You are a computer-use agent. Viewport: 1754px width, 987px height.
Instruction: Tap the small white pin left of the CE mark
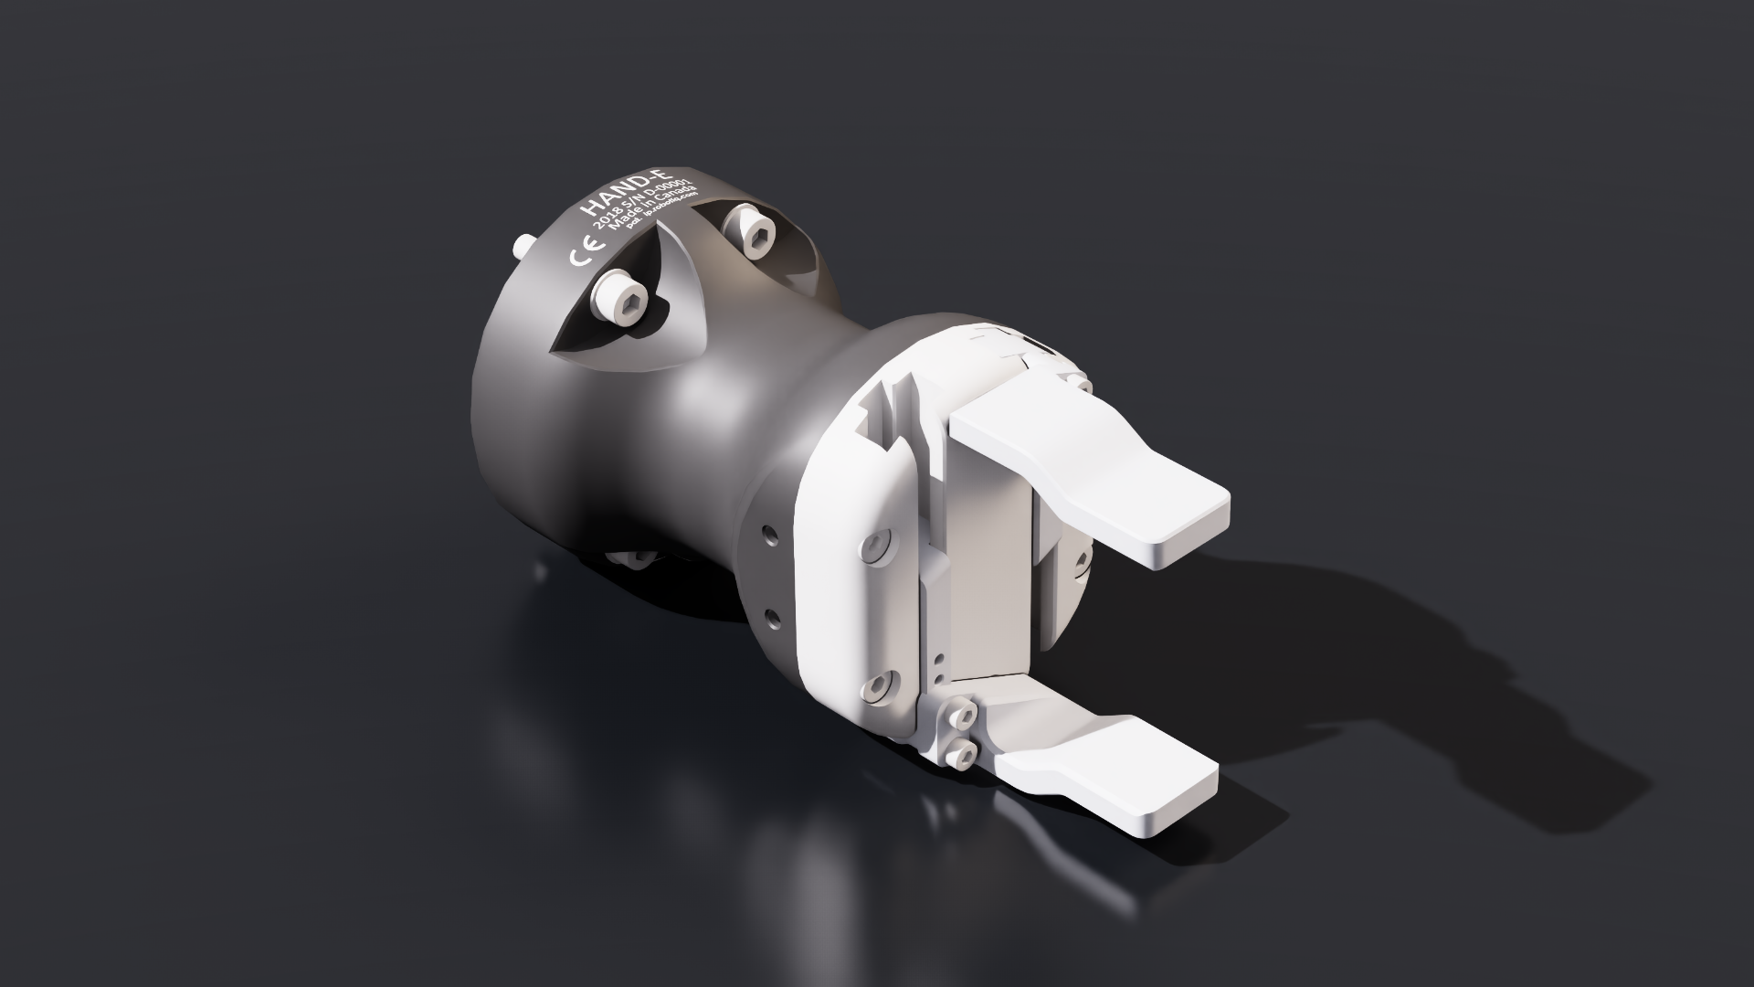[x=523, y=246]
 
